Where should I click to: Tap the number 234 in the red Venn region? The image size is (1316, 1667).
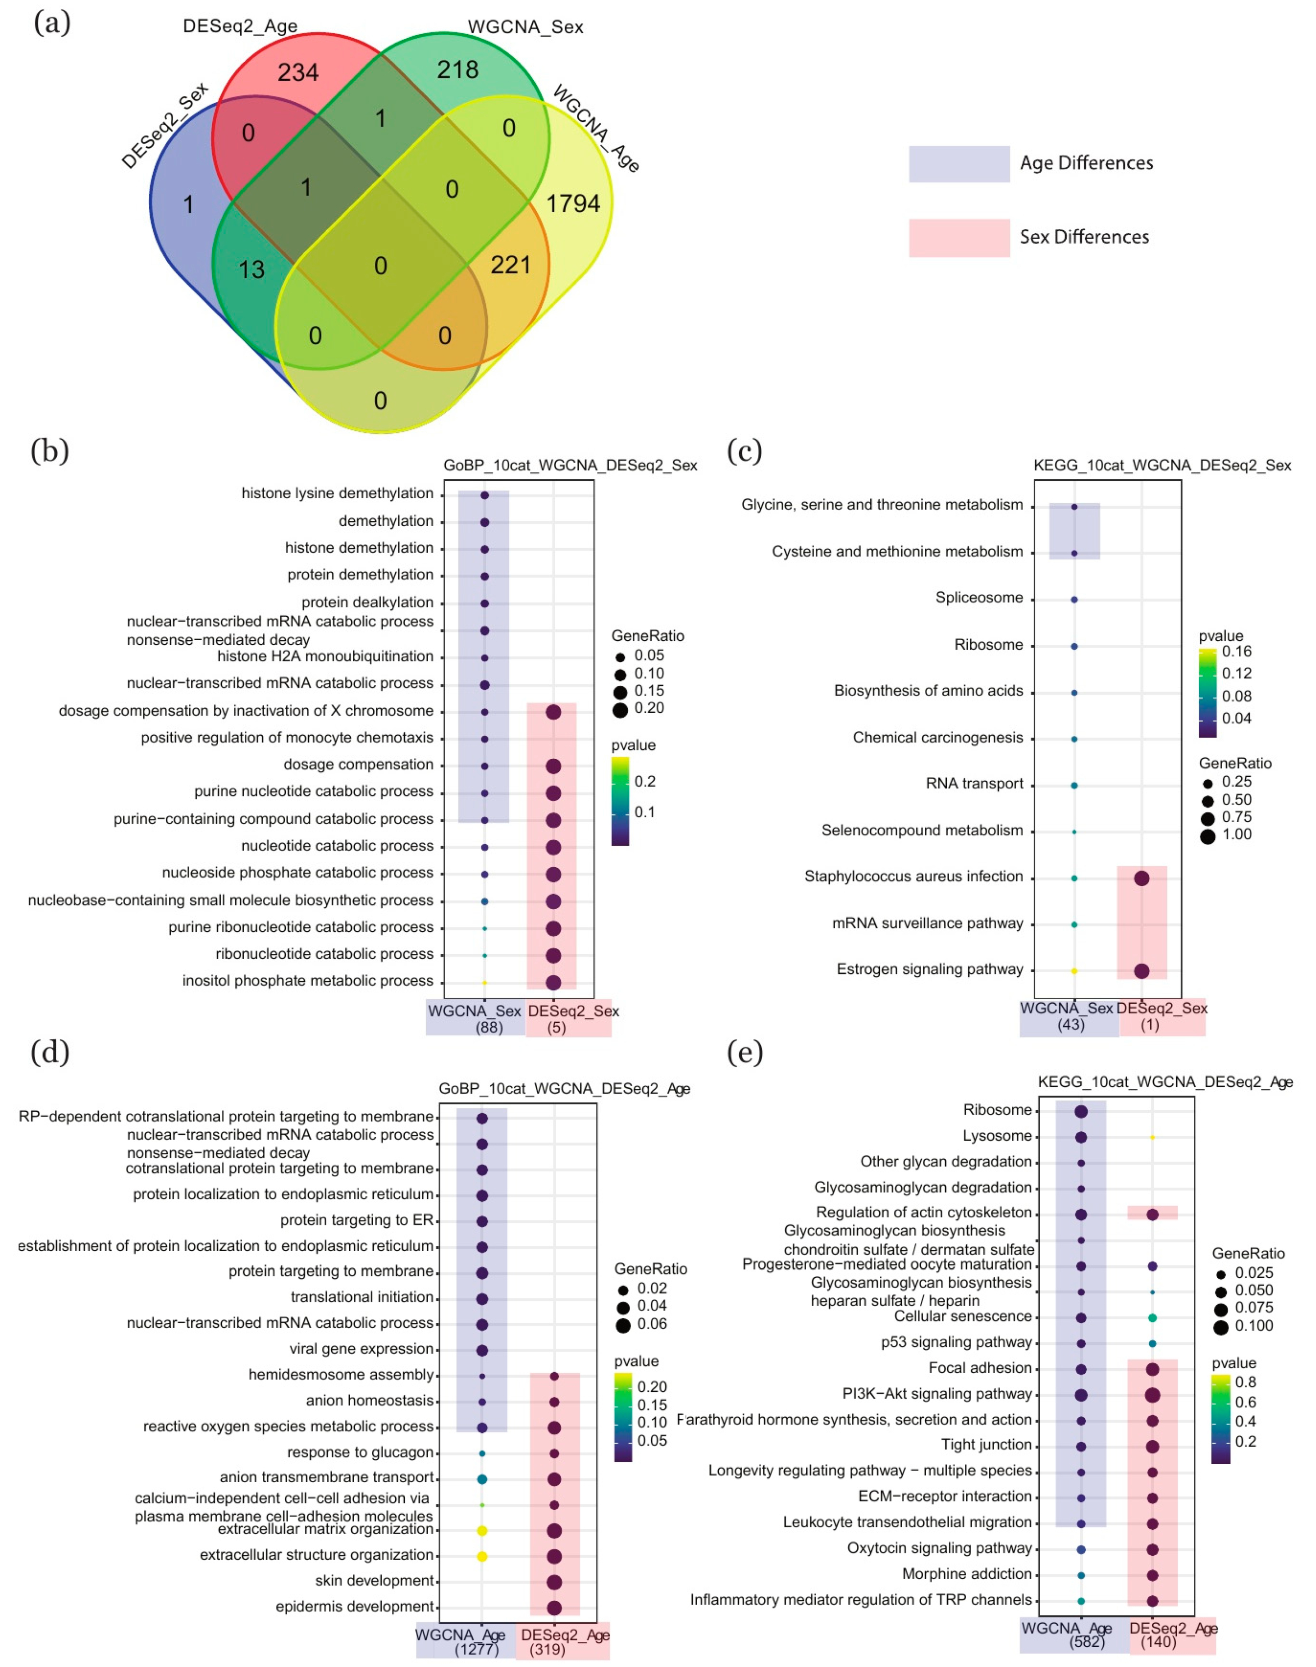[298, 73]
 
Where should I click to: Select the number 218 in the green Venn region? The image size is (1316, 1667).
[458, 70]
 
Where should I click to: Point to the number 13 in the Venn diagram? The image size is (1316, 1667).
[251, 269]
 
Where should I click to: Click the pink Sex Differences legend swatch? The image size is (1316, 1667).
[959, 237]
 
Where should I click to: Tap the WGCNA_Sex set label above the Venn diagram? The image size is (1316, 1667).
[525, 27]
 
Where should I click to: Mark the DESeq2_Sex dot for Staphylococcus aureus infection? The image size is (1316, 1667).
[1142, 878]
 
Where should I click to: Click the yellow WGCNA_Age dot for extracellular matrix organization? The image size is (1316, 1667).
[482, 1530]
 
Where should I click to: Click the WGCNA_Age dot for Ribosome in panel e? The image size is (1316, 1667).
[1081, 1111]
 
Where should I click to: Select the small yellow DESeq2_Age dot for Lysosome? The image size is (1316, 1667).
[1153, 1137]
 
